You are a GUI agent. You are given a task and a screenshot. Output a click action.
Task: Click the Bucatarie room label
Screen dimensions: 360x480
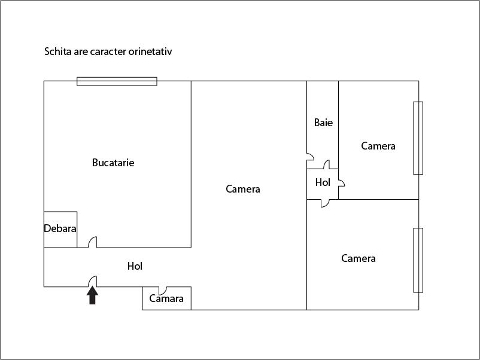point(113,163)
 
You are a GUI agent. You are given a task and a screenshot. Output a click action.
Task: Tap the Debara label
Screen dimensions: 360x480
point(60,228)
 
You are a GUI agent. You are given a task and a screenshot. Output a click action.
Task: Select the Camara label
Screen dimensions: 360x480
point(166,298)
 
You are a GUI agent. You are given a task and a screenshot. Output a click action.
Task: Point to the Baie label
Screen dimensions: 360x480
point(323,123)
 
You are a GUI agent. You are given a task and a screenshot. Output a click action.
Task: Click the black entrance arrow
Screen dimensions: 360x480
point(92,295)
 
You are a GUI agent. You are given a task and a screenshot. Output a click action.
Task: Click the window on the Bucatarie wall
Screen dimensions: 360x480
point(117,81)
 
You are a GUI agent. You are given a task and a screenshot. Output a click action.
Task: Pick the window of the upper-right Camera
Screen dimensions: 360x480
point(418,138)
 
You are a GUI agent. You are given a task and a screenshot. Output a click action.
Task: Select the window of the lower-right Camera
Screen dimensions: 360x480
point(418,260)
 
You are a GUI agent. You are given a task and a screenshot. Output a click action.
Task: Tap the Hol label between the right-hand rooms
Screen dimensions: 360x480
point(323,183)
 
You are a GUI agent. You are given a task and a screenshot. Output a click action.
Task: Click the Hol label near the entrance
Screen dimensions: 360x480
point(135,266)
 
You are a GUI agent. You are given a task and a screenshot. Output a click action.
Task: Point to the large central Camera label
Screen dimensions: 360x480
point(243,189)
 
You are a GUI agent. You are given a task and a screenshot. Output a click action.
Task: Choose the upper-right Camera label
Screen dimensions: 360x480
point(378,146)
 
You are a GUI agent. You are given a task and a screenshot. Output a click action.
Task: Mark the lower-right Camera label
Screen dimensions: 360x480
point(359,258)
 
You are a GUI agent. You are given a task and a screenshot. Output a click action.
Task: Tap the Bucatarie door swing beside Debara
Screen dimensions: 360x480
point(92,242)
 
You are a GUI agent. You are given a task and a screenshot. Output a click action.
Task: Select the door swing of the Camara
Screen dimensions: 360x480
point(162,290)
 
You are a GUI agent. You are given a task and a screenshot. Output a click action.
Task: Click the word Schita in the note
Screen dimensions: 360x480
point(56,51)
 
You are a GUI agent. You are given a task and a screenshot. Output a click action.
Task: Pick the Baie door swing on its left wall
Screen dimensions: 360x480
point(310,160)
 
